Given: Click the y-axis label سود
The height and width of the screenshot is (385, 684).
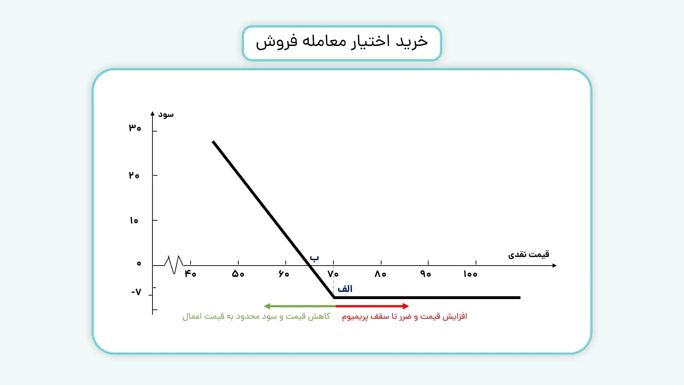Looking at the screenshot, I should point(166,114).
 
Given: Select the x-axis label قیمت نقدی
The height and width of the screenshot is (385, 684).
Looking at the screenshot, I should point(528,255).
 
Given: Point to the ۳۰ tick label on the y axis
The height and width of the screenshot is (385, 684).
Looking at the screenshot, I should point(135,128).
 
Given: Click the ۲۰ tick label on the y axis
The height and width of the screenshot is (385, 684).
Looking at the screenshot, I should point(134,175).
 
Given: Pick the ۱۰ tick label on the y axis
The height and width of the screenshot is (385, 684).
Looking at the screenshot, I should point(134,221).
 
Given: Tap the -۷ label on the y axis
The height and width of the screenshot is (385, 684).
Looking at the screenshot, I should point(136,292).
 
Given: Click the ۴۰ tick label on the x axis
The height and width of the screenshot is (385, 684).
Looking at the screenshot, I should point(190,274).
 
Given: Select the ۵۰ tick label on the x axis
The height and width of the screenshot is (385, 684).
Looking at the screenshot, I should point(238,274).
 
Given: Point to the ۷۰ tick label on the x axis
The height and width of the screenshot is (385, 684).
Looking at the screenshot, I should point(333,274).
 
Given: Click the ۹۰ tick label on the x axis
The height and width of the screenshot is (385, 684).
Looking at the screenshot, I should point(426,274).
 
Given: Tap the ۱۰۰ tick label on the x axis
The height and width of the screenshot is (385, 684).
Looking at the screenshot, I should point(470,274).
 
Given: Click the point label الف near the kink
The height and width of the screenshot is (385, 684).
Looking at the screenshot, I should point(345,289).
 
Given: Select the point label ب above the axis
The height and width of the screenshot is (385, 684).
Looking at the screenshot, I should point(314,258).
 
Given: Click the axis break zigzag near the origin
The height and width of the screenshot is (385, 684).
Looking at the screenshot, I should point(174,265).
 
